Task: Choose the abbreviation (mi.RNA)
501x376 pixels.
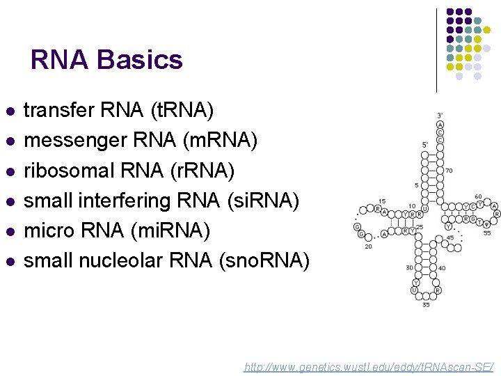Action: tap(186, 230)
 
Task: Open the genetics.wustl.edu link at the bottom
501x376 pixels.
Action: tap(369, 366)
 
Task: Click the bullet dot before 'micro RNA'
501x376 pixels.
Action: tap(9, 230)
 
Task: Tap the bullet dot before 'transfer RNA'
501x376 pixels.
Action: tap(9, 111)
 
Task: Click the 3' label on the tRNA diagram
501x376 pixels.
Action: tap(440, 115)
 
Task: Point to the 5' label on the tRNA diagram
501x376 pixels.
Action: tap(425, 145)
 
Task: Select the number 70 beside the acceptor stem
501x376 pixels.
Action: tap(449, 170)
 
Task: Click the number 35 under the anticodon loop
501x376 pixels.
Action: tap(425, 304)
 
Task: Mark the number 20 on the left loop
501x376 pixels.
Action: tap(368, 246)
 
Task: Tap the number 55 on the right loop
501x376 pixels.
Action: tap(487, 233)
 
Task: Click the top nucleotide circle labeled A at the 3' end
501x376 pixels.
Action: tap(440, 124)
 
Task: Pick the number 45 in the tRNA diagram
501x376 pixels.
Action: tap(450, 237)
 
